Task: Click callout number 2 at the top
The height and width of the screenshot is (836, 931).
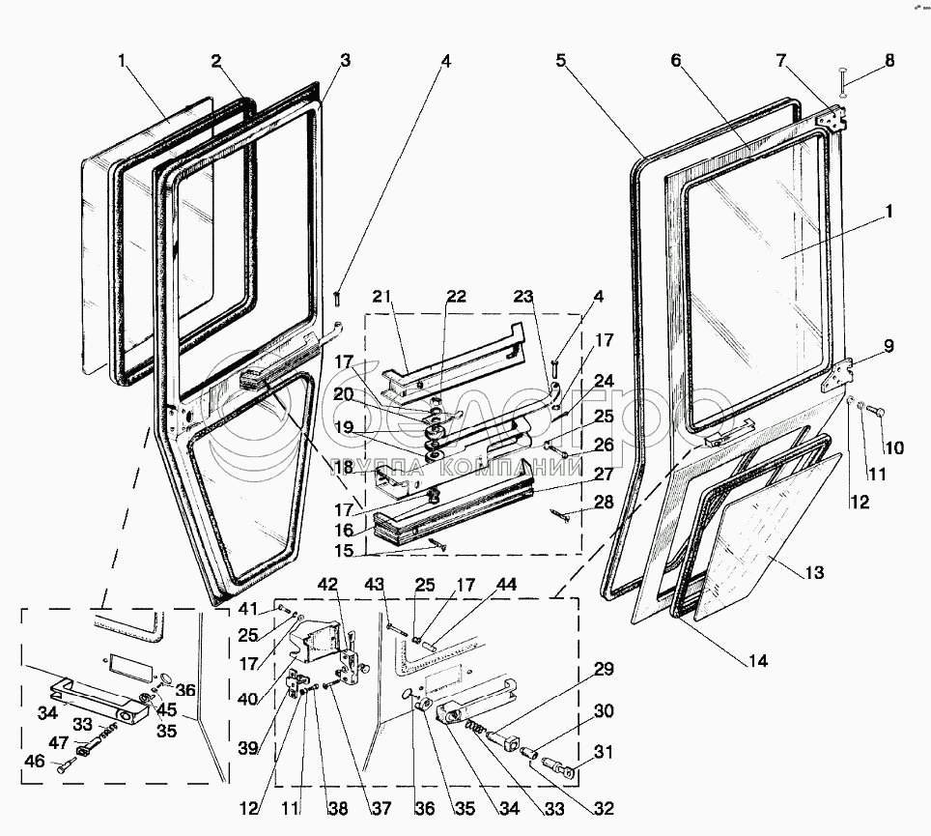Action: (218, 61)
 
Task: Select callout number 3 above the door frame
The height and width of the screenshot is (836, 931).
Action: (345, 61)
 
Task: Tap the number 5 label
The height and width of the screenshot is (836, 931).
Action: (560, 61)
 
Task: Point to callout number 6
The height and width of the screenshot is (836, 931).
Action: (676, 61)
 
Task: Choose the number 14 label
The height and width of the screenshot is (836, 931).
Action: (758, 662)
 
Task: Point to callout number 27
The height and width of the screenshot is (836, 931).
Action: (604, 474)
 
